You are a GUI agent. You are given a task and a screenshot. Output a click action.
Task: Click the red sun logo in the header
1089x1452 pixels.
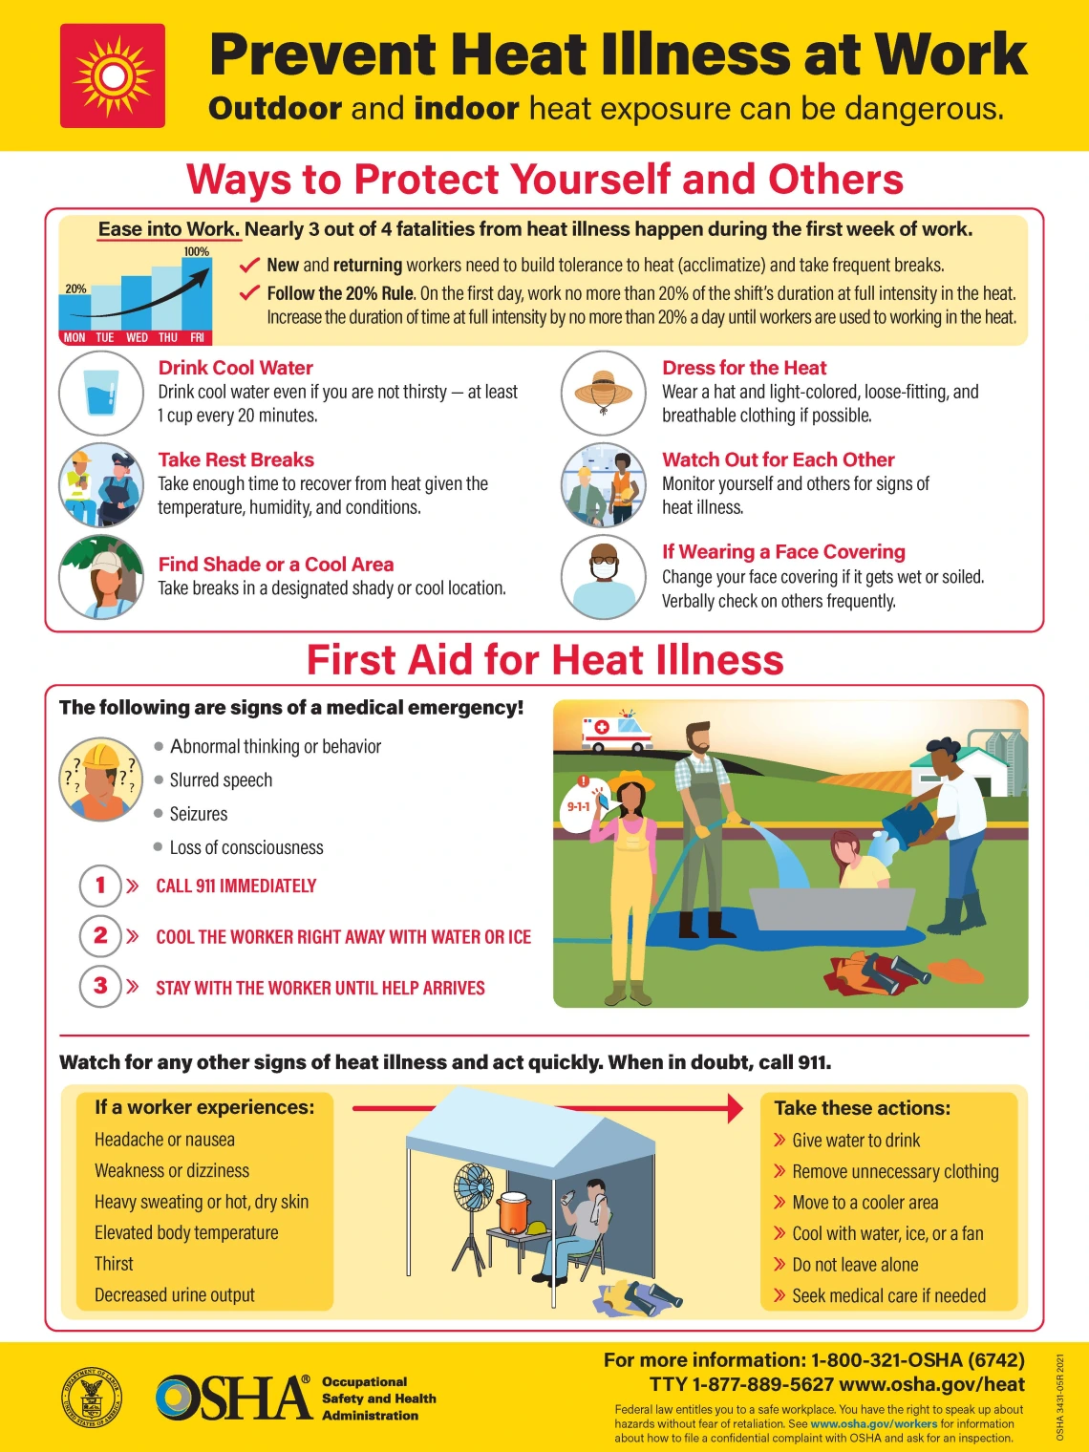coord(113,75)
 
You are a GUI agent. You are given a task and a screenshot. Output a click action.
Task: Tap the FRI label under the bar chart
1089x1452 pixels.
coord(197,337)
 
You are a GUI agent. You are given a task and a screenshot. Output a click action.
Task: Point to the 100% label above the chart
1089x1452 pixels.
coord(196,252)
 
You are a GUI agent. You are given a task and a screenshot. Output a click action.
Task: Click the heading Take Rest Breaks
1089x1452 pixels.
coord(236,459)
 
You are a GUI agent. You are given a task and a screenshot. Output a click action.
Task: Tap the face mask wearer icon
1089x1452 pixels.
coord(604,576)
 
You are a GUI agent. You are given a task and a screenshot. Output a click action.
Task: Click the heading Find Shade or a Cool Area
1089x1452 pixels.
coord(275,565)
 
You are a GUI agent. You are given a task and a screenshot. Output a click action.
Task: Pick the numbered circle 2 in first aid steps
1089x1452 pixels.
coord(100,935)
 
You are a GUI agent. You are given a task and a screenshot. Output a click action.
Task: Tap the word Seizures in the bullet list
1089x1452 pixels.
coord(199,814)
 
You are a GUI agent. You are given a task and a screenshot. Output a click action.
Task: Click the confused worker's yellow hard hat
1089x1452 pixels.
coord(100,757)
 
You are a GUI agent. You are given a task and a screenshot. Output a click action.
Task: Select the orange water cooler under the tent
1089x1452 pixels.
coord(513,1213)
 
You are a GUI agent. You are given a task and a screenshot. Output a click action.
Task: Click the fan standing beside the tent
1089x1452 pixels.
coord(475,1194)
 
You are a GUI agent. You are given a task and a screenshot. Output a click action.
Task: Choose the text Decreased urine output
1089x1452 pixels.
coord(175,1295)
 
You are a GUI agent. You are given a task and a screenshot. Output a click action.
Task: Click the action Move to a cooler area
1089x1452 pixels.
coord(865,1203)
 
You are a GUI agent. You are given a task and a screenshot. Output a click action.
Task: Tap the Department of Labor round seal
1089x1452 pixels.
coord(92,1398)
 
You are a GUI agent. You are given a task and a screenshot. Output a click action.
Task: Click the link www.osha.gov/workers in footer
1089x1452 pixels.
coord(873,1423)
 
